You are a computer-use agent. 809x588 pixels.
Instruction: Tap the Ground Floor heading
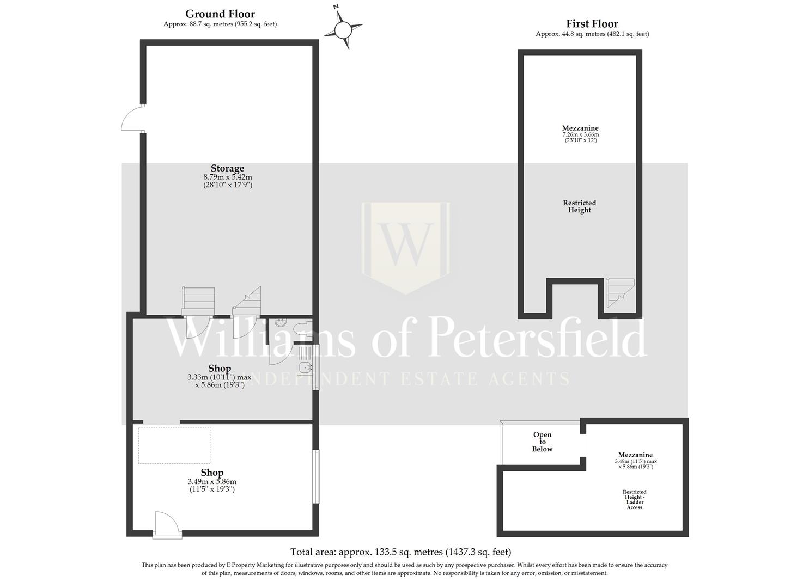220,14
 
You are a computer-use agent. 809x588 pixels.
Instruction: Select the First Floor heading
592,24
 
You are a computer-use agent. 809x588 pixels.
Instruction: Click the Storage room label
227,168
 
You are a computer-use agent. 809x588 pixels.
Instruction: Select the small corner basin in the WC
280,321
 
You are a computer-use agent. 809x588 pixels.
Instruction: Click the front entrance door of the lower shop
166,525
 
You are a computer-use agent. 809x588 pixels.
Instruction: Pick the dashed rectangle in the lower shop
174,445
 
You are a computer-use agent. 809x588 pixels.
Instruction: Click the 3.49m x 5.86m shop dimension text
212,482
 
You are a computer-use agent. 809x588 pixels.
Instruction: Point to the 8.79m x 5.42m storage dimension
227,177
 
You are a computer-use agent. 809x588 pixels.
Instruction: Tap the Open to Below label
542,442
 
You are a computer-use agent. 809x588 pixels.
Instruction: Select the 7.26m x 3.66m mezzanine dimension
580,134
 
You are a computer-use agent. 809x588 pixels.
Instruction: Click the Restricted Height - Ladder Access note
635,499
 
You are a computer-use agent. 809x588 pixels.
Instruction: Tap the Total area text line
400,552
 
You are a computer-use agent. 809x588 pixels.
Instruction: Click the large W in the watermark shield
406,242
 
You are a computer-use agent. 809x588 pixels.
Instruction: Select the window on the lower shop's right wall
315,476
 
